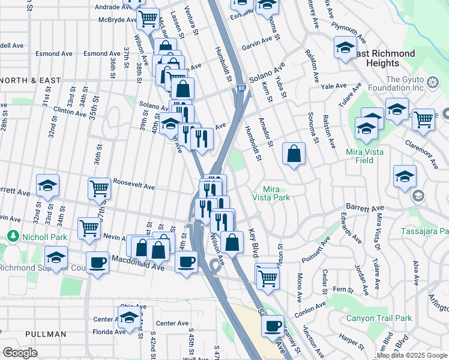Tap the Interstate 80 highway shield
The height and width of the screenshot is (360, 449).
241,88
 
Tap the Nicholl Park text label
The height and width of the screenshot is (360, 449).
41,236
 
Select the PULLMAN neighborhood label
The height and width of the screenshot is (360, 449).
46,334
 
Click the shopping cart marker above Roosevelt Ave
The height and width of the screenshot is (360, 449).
99,188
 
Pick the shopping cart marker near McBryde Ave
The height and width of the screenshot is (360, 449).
147,19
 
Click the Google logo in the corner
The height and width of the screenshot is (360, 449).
20,352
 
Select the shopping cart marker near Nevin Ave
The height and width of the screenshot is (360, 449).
89,228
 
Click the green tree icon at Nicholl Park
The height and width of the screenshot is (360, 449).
12,236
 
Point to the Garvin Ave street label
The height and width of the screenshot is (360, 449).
261,44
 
